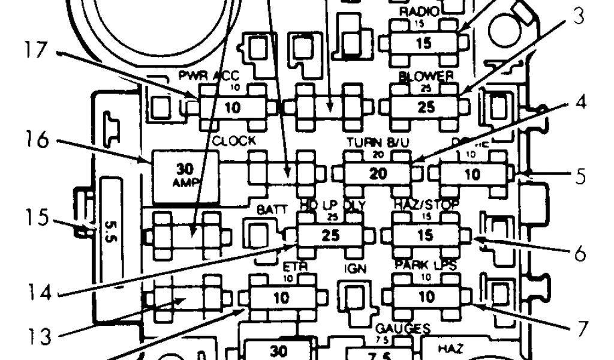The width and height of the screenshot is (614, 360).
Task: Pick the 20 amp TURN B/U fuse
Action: coord(378,174)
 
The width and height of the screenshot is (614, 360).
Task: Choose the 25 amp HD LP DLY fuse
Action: coord(330,235)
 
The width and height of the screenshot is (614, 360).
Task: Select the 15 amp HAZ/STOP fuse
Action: coord(425,235)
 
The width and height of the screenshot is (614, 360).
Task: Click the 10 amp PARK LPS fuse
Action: coord(425,297)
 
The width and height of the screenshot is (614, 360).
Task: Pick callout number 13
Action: coord(36,335)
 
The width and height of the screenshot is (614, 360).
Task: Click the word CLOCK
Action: coord(234,142)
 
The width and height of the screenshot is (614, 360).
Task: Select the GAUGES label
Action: coord(402,328)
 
